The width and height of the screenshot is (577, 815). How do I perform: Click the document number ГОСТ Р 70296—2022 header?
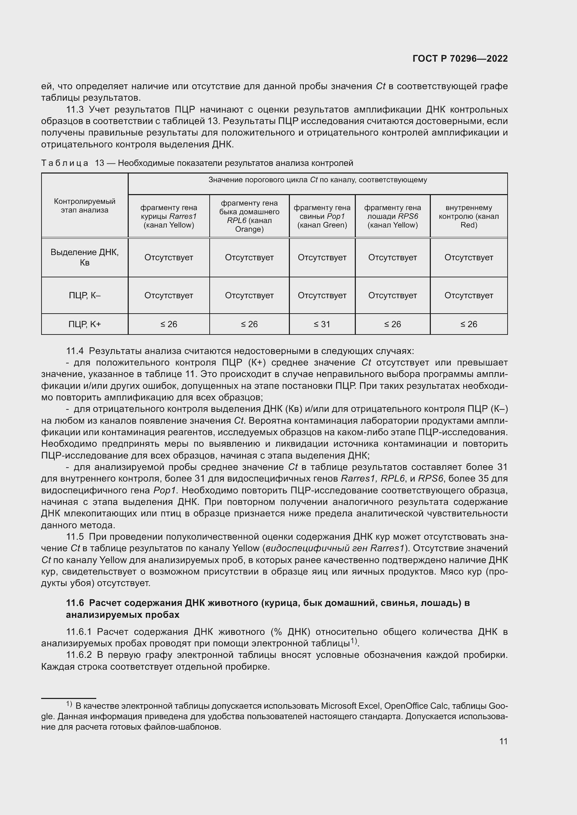460,59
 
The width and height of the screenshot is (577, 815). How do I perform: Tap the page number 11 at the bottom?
503,741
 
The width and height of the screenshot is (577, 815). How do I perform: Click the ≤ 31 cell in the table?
322,324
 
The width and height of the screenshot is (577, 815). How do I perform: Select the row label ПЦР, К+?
84,324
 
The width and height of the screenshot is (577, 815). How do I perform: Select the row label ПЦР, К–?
84,295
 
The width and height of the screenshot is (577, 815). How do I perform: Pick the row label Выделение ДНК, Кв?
84,257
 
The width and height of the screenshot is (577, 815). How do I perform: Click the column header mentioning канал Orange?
249,216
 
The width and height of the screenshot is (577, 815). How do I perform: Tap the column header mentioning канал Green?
322,216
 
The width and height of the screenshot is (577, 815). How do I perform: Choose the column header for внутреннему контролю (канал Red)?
469,216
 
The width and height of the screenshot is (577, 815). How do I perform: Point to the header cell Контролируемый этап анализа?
84,206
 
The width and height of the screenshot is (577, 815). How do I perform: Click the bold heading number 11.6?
75,603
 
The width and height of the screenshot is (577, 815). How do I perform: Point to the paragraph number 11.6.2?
79,655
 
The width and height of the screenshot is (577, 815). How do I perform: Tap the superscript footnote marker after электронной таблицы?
353,640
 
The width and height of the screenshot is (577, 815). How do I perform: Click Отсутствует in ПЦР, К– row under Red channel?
469,295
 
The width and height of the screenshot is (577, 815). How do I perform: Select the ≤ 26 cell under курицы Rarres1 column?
168,324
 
